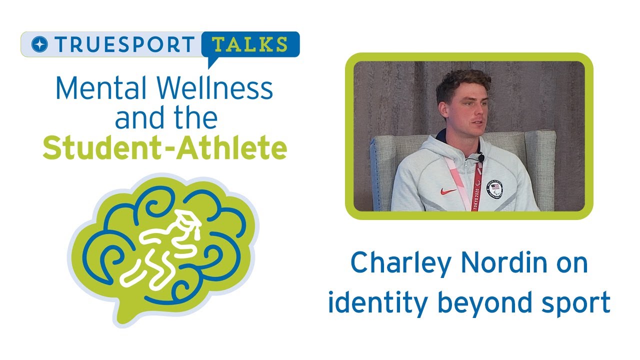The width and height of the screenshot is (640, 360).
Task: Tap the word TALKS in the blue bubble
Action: click(x=250, y=44)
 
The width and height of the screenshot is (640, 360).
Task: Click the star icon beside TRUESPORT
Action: click(x=38, y=44)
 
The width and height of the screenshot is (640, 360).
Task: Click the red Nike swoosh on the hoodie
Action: click(x=448, y=191)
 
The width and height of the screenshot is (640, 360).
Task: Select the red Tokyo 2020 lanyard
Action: click(x=475, y=187)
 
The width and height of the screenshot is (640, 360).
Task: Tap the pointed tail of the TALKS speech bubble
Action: click(x=211, y=63)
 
